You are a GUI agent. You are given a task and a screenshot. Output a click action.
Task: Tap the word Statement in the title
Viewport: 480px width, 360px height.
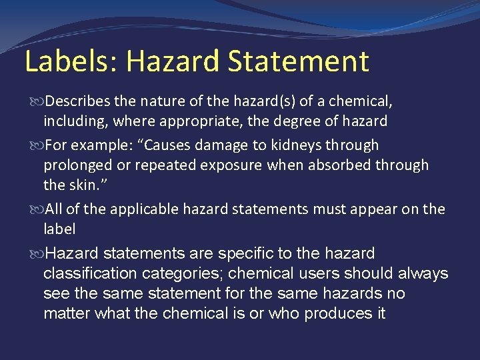tap(298, 61)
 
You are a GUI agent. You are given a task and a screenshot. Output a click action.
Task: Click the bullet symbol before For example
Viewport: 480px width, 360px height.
tap(37, 145)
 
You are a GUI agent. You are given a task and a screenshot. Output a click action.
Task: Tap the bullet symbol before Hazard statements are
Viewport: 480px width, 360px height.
tap(37, 254)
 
